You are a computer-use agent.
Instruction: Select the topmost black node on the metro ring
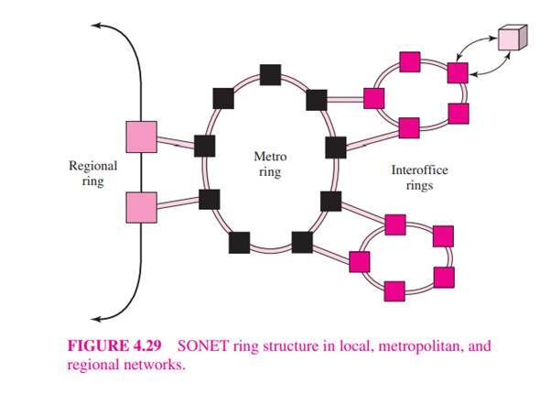(x=270, y=74)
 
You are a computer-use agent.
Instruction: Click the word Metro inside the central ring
(x=269, y=157)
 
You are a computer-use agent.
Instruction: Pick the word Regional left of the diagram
(x=93, y=166)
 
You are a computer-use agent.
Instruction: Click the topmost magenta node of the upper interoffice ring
(x=411, y=63)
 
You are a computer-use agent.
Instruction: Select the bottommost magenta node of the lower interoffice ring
(x=395, y=292)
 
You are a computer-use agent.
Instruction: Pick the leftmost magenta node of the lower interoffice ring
(x=360, y=261)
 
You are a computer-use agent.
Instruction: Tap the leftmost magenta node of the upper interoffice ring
(x=373, y=97)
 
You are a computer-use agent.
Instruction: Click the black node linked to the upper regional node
(x=205, y=145)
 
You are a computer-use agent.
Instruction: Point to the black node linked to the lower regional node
(x=210, y=198)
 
